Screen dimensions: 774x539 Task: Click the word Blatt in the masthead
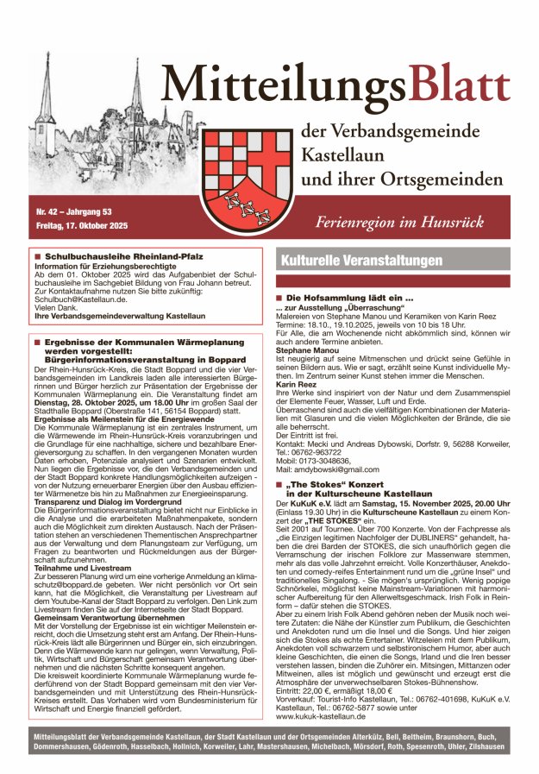[459, 86]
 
